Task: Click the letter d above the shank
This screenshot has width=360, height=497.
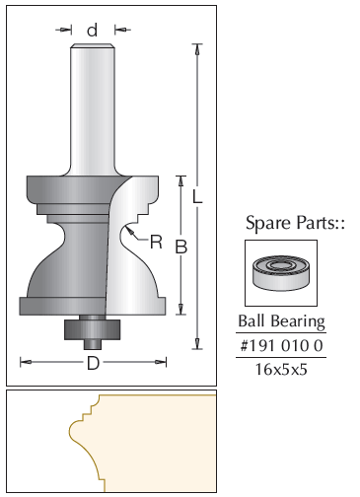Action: (93, 30)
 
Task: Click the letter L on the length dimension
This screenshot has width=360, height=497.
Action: (197, 197)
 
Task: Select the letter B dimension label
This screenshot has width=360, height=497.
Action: (181, 247)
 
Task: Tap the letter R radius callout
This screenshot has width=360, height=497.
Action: (156, 242)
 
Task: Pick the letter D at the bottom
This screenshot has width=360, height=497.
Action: (93, 363)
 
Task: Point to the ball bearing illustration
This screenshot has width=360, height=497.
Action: (281, 272)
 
